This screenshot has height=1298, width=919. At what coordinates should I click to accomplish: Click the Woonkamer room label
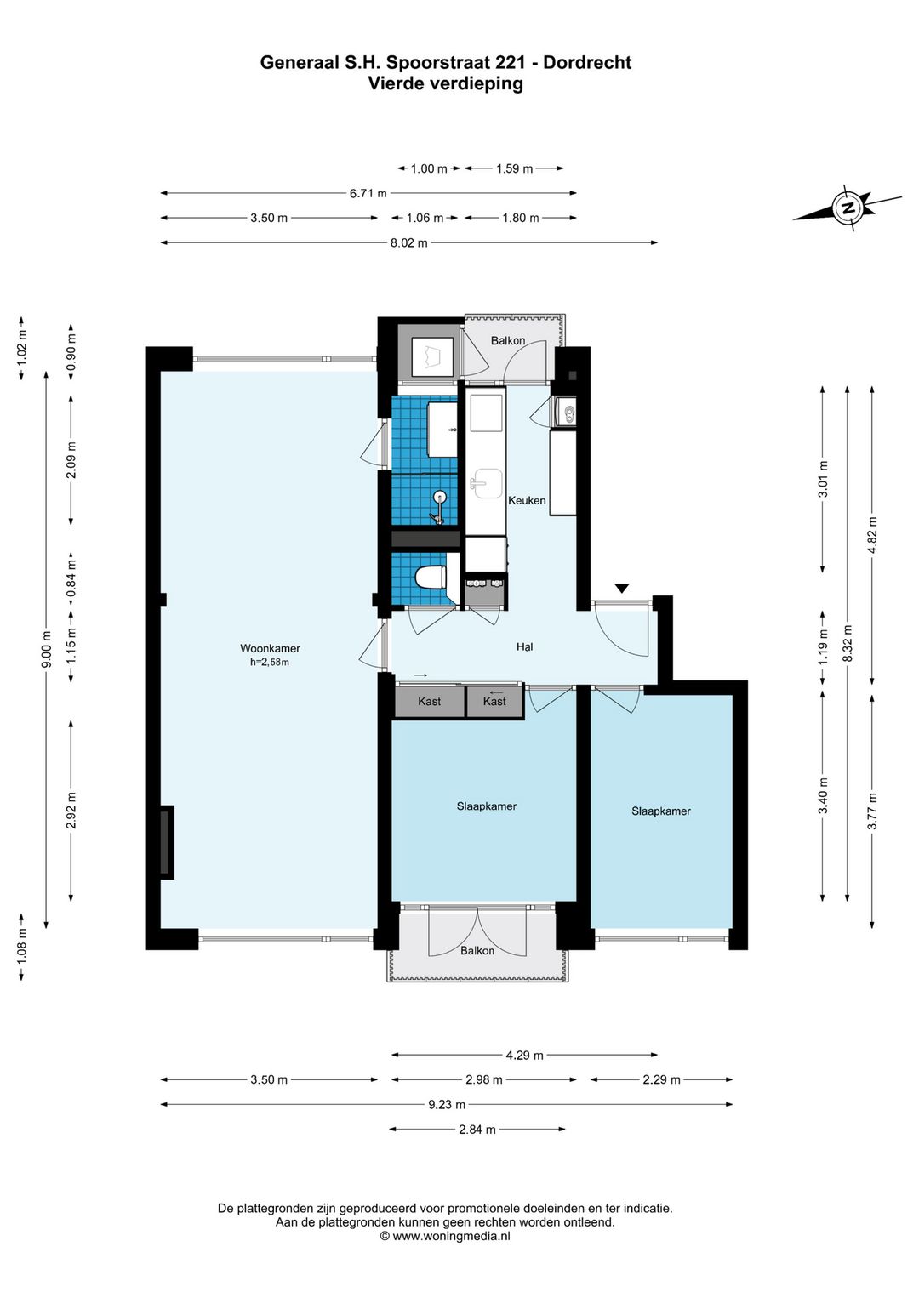pyautogui.click(x=271, y=648)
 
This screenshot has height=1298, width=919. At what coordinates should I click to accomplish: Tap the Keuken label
pyautogui.click(x=527, y=500)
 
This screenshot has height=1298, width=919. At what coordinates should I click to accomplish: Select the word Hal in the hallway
pyautogui.click(x=525, y=646)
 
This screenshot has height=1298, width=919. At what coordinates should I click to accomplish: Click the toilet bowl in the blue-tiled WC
pyautogui.click(x=430, y=578)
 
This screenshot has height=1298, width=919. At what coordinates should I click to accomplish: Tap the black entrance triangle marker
pyautogui.click(x=621, y=588)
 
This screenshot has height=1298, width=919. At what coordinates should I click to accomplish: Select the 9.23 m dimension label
pyautogui.click(x=447, y=1104)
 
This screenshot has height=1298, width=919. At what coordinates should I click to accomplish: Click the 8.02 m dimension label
pyautogui.click(x=408, y=242)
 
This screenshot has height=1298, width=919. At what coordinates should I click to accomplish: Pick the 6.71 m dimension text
pyautogui.click(x=368, y=194)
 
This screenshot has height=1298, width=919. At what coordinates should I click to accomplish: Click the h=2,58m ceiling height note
pyautogui.click(x=270, y=663)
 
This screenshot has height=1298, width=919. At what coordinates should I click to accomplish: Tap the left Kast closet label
pyautogui.click(x=429, y=701)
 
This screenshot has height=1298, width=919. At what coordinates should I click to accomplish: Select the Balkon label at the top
pyautogui.click(x=508, y=341)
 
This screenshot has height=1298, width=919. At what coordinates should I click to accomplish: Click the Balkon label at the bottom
pyautogui.click(x=477, y=951)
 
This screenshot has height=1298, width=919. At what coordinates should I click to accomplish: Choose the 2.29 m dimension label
pyautogui.click(x=661, y=1079)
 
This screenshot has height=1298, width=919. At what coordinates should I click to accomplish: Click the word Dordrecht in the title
pyautogui.click(x=587, y=62)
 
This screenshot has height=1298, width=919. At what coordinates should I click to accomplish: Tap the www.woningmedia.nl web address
pyautogui.click(x=452, y=1237)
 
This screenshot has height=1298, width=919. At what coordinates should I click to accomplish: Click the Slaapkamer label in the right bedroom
pyautogui.click(x=661, y=811)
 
